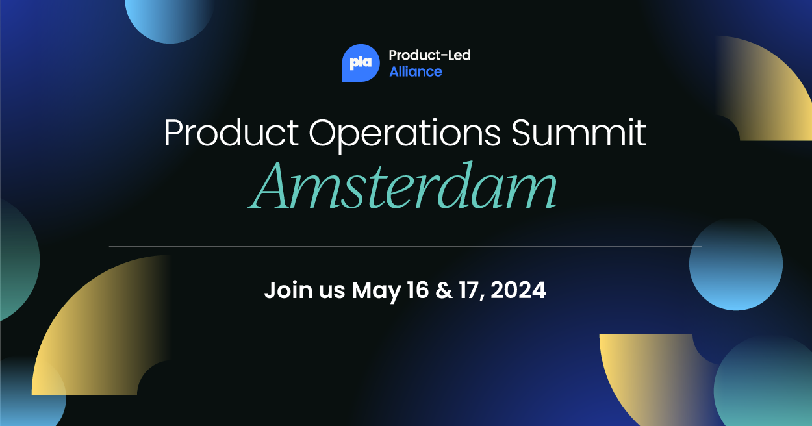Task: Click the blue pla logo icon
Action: tap(361, 63)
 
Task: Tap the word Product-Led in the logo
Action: tap(429, 55)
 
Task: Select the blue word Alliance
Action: tap(416, 71)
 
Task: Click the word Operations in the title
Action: tap(405, 134)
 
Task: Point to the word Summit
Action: tap(579, 132)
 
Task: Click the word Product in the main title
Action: tap(231, 132)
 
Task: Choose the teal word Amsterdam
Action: tap(402, 186)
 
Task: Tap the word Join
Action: tap(288, 290)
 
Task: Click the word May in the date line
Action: tap(376, 291)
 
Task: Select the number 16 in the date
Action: tap(418, 290)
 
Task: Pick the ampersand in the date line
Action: tap(444, 290)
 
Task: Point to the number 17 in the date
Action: tap(470, 290)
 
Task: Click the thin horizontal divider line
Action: tap(405, 247)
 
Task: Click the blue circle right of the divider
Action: tap(736, 264)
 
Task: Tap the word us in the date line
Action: tap(332, 292)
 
